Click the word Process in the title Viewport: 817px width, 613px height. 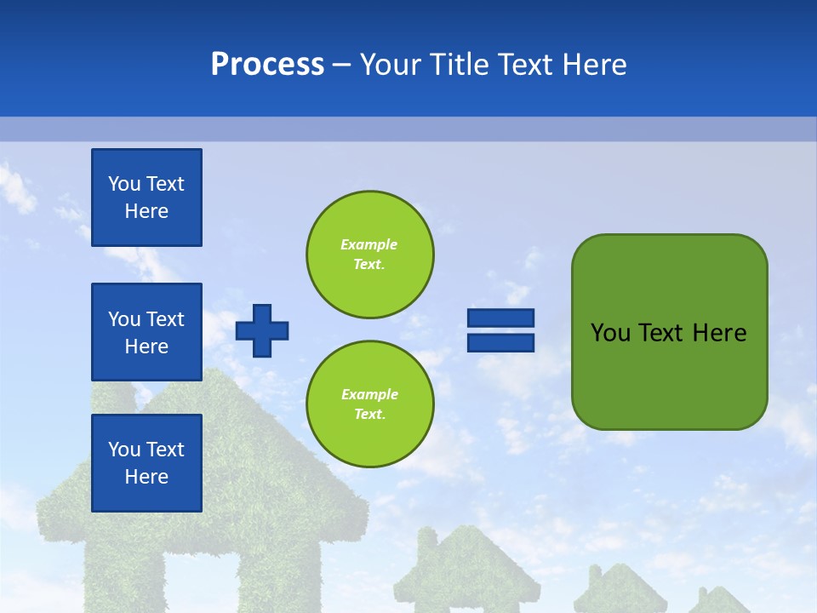[267, 65]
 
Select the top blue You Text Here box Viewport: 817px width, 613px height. [146, 198]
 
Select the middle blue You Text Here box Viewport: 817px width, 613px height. [146, 332]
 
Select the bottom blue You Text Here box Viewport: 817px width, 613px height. [146, 463]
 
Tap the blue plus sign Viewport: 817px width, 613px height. [262, 330]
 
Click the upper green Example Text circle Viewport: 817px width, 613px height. [369, 254]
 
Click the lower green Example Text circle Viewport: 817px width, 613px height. [369, 404]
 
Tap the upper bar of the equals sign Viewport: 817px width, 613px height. [500, 318]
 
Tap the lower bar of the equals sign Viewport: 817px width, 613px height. [500, 342]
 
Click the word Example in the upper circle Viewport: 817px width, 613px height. [369, 244]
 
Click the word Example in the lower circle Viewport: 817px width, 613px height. [369, 394]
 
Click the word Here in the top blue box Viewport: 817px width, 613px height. [146, 211]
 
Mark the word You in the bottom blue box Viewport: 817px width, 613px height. [123, 450]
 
